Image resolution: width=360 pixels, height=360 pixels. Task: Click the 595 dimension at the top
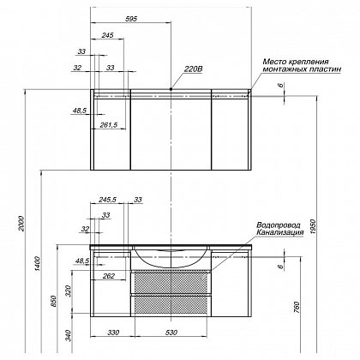[132, 19]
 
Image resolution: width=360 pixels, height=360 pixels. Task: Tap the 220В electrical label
[193, 69]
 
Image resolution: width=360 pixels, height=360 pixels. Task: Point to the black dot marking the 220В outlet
[171, 89]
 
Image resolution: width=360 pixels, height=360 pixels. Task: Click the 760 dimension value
[297, 307]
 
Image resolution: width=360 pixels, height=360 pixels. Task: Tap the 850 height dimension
[54, 301]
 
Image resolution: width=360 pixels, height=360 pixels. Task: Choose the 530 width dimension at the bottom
[171, 333]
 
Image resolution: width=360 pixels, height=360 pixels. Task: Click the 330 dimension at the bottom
[113, 333]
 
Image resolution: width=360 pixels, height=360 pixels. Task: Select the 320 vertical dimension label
[68, 291]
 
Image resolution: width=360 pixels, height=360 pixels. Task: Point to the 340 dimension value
[68, 336]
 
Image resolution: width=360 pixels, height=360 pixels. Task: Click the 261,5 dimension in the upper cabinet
[108, 124]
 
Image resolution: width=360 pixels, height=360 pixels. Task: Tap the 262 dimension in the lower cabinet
[109, 276]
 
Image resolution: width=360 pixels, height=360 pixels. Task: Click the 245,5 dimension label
[107, 200]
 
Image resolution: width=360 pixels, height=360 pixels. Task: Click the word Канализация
[279, 232]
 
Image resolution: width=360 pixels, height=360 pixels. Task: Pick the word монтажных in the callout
[281, 69]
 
